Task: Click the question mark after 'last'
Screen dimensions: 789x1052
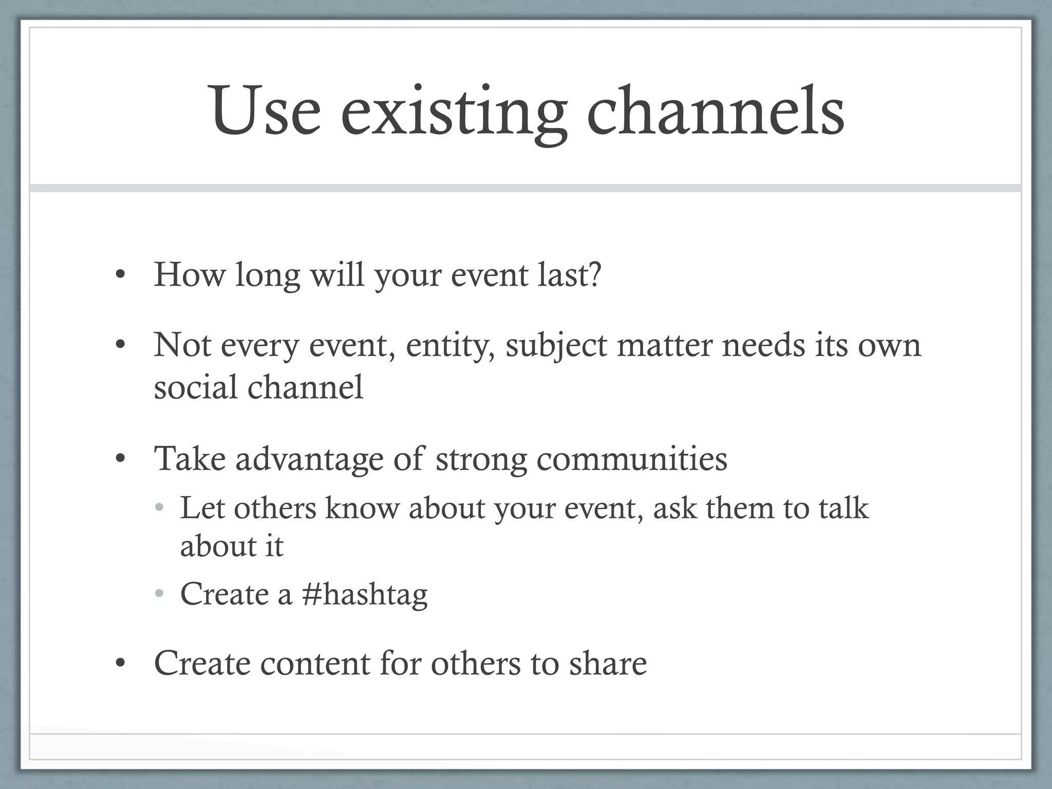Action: click(595, 274)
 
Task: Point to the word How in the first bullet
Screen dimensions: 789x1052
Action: click(190, 274)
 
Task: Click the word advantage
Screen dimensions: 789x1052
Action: click(309, 459)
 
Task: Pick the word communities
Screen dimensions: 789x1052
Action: click(632, 458)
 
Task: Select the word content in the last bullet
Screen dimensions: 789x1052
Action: click(315, 663)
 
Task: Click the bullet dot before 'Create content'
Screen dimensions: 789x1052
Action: click(120, 665)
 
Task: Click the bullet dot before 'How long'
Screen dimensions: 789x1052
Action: click(120, 276)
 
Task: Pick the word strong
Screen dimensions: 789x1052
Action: click(481, 459)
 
